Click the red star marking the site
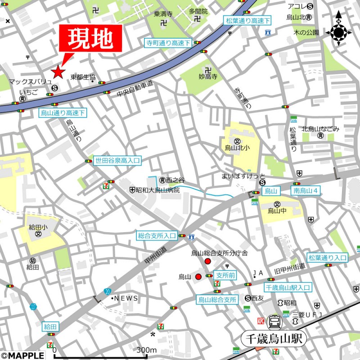point(58,72)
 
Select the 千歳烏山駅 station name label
point(274,338)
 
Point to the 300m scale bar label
point(146,350)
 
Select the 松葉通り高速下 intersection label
point(248,20)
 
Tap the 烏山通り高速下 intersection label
point(63,112)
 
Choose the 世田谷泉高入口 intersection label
point(117,160)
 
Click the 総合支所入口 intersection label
point(157,235)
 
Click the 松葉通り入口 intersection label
point(328,257)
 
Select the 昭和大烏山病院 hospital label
point(157,190)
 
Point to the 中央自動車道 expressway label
point(135,89)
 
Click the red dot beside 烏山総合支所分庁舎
point(207,261)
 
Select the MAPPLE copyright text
point(22,355)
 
